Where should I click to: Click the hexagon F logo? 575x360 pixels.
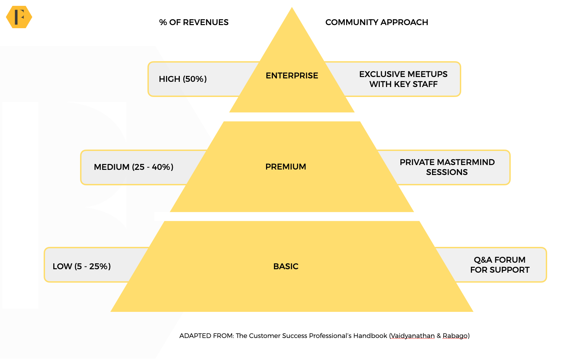click(x=19, y=17)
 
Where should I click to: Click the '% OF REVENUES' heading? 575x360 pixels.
click(x=194, y=22)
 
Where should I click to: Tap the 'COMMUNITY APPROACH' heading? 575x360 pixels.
click(x=377, y=22)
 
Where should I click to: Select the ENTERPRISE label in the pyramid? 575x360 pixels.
click(x=292, y=76)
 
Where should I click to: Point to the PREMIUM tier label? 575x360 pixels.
click(x=286, y=167)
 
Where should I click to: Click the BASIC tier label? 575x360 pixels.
click(x=286, y=266)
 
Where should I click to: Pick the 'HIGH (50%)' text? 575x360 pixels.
click(x=183, y=79)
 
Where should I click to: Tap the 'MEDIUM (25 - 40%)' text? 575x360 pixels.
click(x=133, y=167)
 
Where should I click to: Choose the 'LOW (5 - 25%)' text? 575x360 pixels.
click(x=82, y=266)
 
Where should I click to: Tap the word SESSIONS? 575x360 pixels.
click(x=447, y=172)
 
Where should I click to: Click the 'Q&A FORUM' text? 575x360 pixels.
click(x=499, y=260)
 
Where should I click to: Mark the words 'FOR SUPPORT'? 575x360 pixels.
click(x=500, y=270)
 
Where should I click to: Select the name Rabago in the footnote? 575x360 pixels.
click(x=455, y=336)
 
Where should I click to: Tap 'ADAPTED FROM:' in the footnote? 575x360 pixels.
click(x=207, y=336)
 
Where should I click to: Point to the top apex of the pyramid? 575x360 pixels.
click(x=292, y=7)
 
